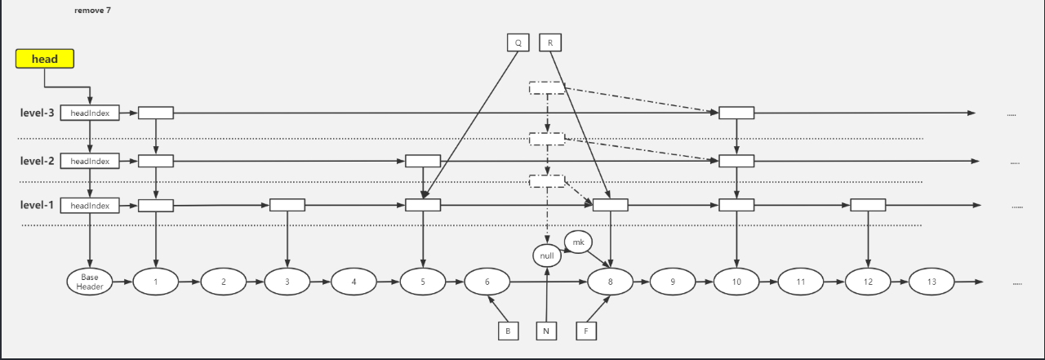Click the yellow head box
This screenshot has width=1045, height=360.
click(x=45, y=59)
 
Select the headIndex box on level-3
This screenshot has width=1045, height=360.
click(x=90, y=113)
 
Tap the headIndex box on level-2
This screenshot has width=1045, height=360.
click(x=90, y=161)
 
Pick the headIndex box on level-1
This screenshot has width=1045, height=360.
click(x=90, y=206)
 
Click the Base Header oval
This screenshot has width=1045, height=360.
click(x=89, y=282)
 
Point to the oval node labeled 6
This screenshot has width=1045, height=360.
click(x=487, y=282)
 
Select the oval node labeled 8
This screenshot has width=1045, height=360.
click(x=611, y=282)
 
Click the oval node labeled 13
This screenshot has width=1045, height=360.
click(x=932, y=282)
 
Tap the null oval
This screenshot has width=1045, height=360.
click(x=548, y=256)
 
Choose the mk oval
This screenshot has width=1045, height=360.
click(x=579, y=242)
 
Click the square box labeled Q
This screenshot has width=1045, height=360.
click(x=518, y=42)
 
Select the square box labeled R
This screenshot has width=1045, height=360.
click(x=550, y=42)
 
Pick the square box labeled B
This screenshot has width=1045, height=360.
click(x=508, y=331)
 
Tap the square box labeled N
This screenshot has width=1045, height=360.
click(x=547, y=331)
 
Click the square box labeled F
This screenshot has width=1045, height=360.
click(x=585, y=331)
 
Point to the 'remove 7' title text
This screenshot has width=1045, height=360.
click(x=92, y=10)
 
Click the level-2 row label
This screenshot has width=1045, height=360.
click(x=37, y=161)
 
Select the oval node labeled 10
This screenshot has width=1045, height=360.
click(x=736, y=282)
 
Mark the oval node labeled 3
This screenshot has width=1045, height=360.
click(x=287, y=282)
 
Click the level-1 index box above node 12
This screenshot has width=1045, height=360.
click(x=868, y=205)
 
